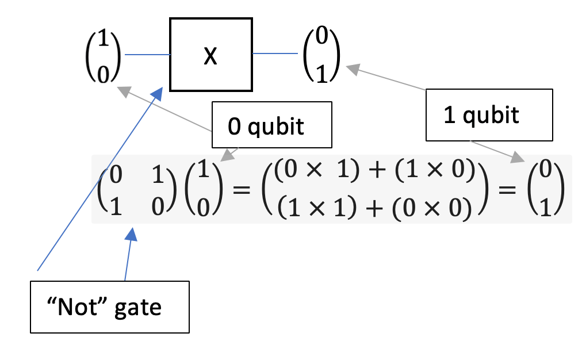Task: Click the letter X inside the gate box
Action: pos(211,56)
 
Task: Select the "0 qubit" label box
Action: pos(272,125)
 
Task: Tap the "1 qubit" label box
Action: pos(489,115)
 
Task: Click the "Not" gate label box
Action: pos(109,307)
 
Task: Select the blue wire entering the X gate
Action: pos(147,55)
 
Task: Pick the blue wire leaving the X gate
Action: pos(275,54)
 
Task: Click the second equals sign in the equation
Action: pos(512,189)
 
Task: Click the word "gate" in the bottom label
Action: pos(138,308)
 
